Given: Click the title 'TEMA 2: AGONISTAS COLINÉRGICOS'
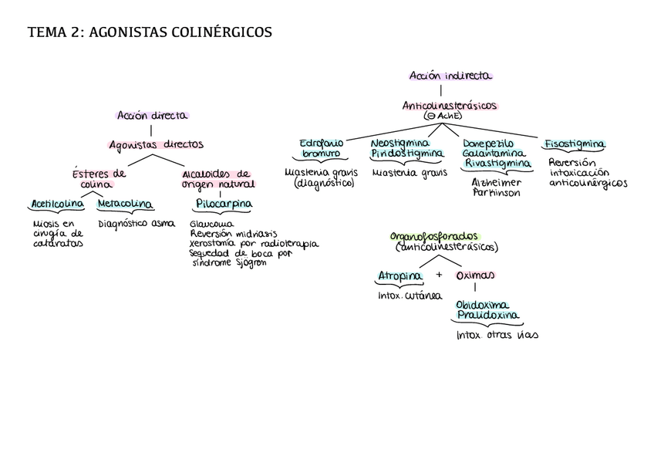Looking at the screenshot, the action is coord(150,32).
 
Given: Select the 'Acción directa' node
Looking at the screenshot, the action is coord(152,116).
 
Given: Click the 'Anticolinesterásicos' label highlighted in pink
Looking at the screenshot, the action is coord(450,106).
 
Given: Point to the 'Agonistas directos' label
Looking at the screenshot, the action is coord(157,144).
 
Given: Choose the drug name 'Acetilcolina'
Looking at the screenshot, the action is coord(57,204).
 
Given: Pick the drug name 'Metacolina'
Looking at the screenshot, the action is coord(125,204).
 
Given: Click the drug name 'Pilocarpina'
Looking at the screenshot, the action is coord(224,204).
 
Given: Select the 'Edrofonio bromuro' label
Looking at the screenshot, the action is coord(322,148).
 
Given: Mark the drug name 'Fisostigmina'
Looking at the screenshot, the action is coord(575,144).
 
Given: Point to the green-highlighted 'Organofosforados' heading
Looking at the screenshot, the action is coord(433,236).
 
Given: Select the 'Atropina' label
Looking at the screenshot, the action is coord(400,275).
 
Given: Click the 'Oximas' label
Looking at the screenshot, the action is coord(475,275).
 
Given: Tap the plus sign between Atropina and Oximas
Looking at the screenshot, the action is coord(439,275).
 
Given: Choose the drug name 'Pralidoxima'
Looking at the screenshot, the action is coord(487,316).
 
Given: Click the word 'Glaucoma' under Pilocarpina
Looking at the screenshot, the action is coord(212,225).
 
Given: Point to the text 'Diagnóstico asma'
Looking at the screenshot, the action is coord(137,224).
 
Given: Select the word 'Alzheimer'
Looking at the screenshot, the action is coord(497,183).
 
